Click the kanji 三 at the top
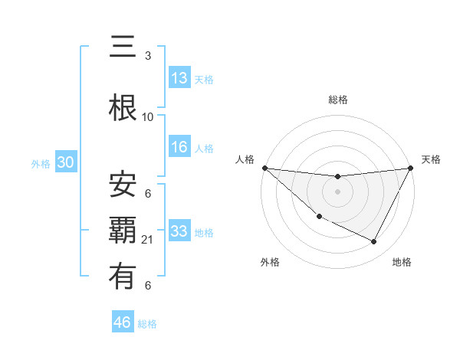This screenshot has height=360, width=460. tap(123, 47)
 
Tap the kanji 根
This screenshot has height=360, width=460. tap(123, 108)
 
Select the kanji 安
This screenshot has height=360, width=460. tap(123, 184)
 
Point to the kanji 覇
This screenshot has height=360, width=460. tap(123, 231)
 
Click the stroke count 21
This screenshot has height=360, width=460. tap(148, 240)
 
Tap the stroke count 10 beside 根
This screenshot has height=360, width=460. tap(148, 117)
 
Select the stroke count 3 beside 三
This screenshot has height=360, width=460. tap(148, 56)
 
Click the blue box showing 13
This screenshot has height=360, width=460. tap(179, 78)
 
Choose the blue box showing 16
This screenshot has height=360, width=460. tap(179, 147)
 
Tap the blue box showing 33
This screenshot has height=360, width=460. tap(179, 231)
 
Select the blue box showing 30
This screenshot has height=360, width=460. tap(65, 162)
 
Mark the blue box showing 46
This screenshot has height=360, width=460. tap(123, 322)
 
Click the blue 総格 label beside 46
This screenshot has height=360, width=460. tap(147, 324)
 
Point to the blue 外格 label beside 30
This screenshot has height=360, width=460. tap(41, 163)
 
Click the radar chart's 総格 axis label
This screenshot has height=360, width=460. tap(337, 100)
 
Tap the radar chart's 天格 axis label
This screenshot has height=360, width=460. tap(432, 159)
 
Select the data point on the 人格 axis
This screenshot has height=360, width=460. tap(264, 168)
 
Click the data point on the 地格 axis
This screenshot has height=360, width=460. tap(374, 242)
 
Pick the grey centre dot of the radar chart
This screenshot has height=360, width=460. tap(337, 191)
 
